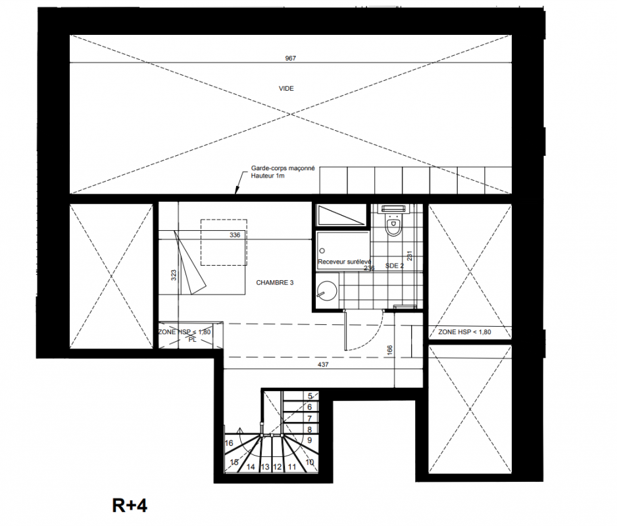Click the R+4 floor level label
click(130, 506)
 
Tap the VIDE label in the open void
click(286, 89)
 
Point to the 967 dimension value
click(290, 59)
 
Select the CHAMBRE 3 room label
click(275, 283)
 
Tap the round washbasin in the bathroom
click(327, 291)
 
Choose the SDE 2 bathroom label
click(394, 266)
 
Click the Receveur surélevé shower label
click(344, 262)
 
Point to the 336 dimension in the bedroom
click(235, 235)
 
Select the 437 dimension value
click(323, 365)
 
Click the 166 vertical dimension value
click(390, 350)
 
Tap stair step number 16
click(229, 443)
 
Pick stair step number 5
click(310, 396)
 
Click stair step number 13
click(265, 467)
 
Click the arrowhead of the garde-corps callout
click(236, 193)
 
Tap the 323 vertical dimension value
click(174, 275)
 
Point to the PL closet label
click(193, 340)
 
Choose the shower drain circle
click(322, 251)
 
